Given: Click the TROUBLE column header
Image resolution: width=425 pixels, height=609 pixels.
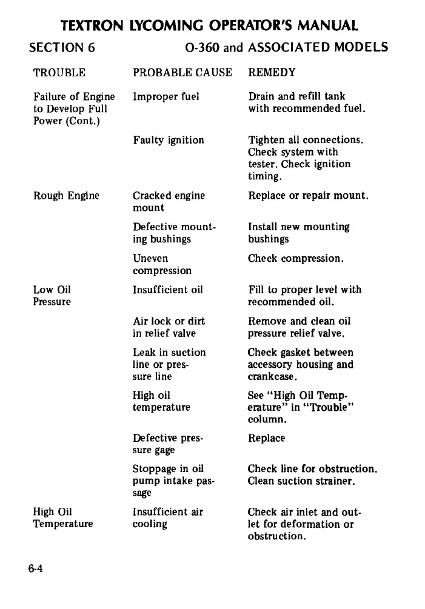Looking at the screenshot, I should (x=59, y=73).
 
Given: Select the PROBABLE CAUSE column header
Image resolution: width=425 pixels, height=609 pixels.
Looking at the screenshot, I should (x=182, y=73).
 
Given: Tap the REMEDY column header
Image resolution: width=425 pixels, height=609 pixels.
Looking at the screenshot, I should (x=272, y=73).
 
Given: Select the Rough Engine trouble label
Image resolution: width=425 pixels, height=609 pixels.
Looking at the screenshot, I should (x=66, y=196).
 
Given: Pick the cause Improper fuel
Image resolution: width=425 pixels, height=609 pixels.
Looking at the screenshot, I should (x=166, y=96).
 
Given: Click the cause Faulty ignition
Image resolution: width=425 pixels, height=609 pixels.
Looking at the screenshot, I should (x=169, y=140).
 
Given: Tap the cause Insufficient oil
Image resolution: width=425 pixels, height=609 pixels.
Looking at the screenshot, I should (x=168, y=290).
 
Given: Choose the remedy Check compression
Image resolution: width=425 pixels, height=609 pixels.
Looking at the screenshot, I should (x=296, y=259).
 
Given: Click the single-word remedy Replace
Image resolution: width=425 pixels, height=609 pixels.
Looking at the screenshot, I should (x=266, y=438).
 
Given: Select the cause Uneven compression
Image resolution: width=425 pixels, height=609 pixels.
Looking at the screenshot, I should (x=162, y=265).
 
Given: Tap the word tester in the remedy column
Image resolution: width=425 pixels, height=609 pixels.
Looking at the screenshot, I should (x=262, y=164).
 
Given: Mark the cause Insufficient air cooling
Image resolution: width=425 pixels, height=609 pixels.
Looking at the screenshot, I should (x=168, y=517).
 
